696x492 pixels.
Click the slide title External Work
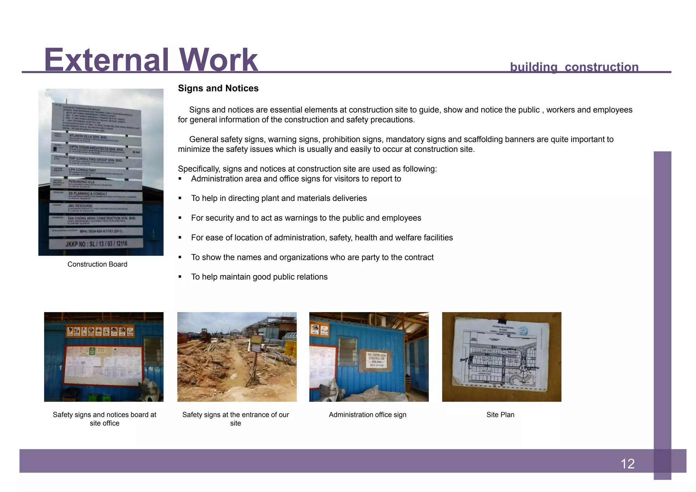151,60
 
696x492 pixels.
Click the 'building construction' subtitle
574,67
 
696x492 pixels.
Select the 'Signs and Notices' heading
218,88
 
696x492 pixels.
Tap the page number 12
627,464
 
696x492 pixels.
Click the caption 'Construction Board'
97,264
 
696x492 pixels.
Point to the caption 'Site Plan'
500,414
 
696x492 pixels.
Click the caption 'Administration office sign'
367,414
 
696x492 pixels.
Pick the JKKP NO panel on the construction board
96,244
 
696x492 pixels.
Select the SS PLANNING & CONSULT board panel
97,196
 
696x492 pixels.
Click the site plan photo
502,357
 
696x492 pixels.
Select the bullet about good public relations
259,277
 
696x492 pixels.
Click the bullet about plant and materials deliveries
279,198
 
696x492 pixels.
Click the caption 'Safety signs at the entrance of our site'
236,419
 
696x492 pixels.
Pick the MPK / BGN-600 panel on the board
96,232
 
